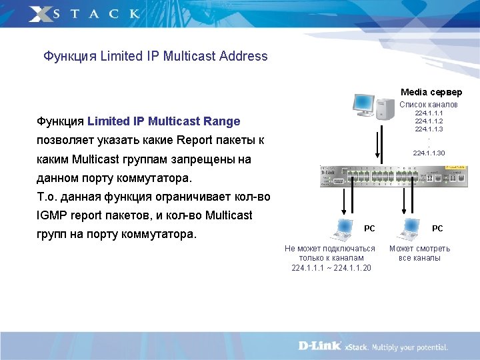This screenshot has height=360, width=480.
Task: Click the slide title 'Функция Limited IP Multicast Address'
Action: coord(155,57)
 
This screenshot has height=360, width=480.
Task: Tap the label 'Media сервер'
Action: coord(431,92)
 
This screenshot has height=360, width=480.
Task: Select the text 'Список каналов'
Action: coord(429,105)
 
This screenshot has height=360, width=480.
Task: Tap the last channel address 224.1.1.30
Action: coord(429,153)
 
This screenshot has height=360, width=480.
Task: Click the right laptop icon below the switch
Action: coord(409,229)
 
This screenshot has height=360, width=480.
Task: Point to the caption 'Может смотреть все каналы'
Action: coord(419,253)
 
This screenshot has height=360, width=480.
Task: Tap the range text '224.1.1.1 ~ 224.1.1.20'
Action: coord(331,268)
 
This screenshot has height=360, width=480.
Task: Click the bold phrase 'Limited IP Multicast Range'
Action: coord(163,121)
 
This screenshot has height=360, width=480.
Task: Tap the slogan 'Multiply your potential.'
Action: coord(409,347)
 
